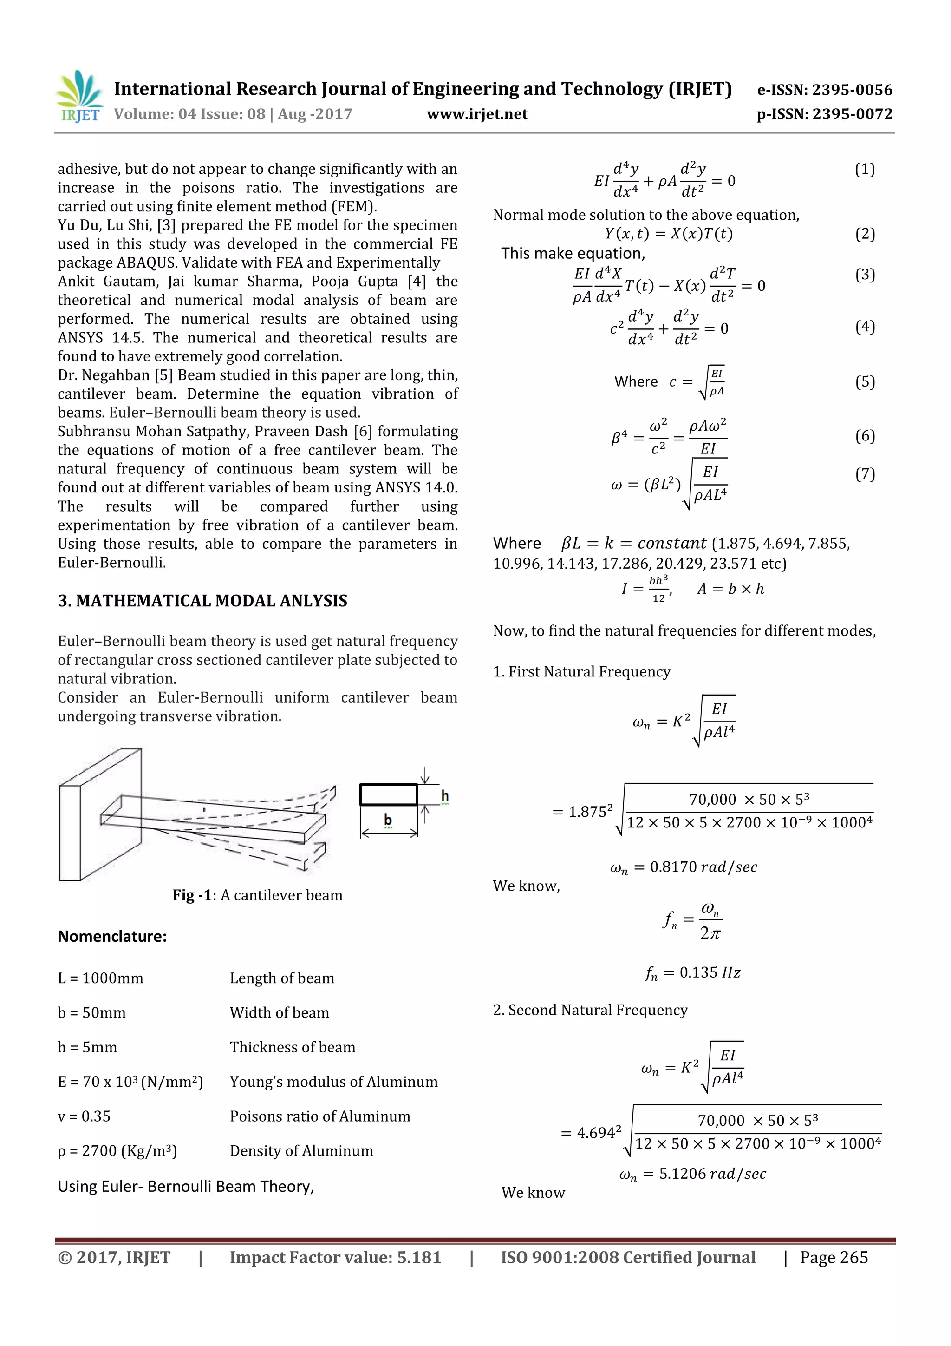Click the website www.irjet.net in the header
(477, 114)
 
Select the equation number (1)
(864, 170)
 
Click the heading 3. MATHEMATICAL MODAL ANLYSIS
(202, 601)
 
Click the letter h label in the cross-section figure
(445, 795)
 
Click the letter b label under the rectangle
(387, 819)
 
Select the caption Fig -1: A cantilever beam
(257, 895)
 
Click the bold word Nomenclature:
(112, 936)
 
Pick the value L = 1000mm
(100, 978)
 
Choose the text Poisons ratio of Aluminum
(320, 1116)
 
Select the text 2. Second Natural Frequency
(590, 1010)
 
